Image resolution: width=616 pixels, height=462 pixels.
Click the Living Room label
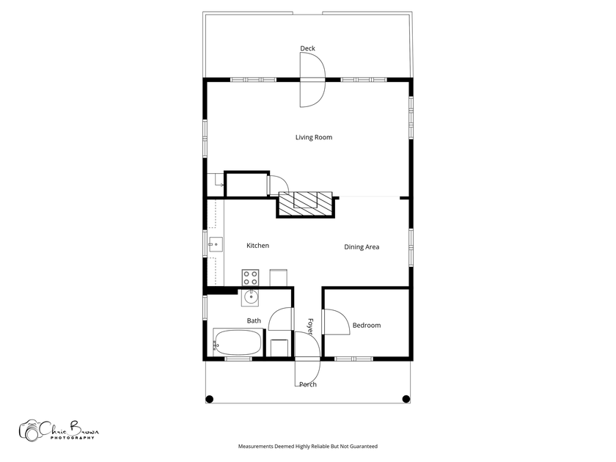pos(314,137)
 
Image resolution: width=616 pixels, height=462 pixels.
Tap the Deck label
pos(307,48)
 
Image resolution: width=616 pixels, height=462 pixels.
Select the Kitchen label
pos(257,246)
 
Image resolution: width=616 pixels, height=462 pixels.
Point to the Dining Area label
pos(362,247)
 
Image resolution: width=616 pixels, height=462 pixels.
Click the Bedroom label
pos(367,326)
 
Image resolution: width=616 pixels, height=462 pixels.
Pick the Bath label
pos(254,320)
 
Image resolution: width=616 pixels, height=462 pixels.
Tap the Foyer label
pos(310,327)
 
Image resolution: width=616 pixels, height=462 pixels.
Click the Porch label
pos(308,384)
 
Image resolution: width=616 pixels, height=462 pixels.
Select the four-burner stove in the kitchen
pos(250,278)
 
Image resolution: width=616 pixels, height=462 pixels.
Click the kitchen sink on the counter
pos(216,244)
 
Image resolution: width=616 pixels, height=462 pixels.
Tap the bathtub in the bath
pos(238,342)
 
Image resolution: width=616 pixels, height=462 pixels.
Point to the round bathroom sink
pos(250,298)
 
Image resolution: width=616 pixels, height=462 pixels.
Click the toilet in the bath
pos(279,348)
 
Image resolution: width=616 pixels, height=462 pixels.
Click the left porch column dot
pos(210,399)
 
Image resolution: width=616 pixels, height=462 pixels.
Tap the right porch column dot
pos(406,399)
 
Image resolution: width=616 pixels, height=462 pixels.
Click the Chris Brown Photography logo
pos(59,430)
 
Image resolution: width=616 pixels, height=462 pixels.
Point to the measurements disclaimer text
pos(307,447)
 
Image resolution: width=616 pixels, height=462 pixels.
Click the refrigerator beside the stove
pos(278,277)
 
